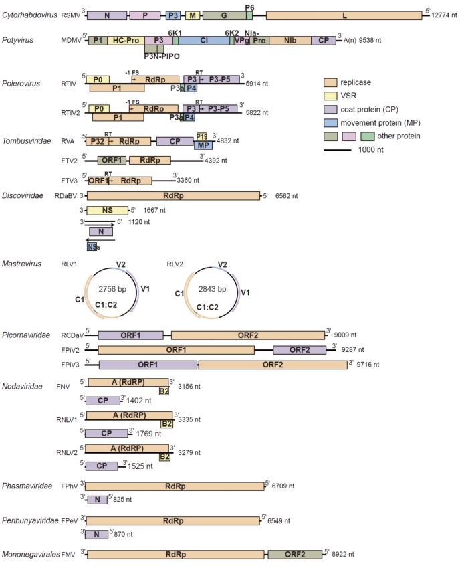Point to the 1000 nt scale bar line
(344, 150)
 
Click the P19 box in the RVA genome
(202, 136)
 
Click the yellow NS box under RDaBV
(107, 210)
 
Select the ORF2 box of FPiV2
(300, 349)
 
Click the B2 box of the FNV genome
(164, 391)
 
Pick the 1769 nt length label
(152, 433)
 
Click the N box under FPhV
(97, 500)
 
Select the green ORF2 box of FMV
(295, 554)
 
